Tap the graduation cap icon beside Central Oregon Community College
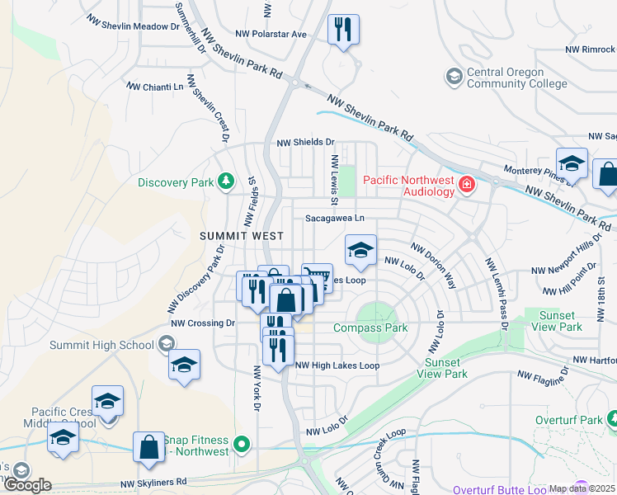click(x=454, y=78)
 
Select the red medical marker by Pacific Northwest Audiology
click(x=467, y=183)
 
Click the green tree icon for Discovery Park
click(x=225, y=182)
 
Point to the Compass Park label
click(x=370, y=328)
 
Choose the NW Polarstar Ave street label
click(x=271, y=34)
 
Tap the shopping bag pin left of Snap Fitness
click(x=148, y=446)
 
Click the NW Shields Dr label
click(x=305, y=142)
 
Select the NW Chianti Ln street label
click(x=154, y=87)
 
